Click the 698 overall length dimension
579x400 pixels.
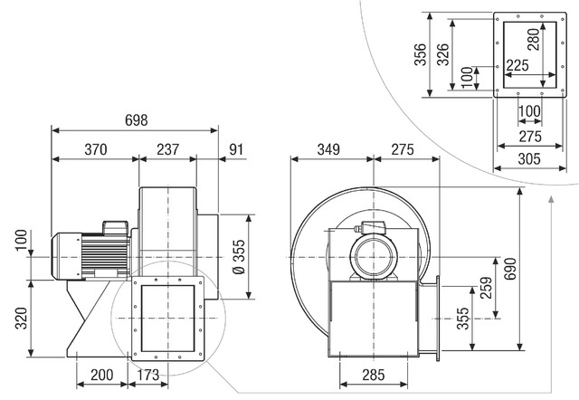click(137, 120)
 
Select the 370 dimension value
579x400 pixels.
click(96, 149)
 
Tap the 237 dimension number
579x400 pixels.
click(168, 149)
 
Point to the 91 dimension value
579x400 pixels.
click(236, 149)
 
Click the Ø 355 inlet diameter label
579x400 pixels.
click(239, 257)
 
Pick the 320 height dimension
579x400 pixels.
click(21, 318)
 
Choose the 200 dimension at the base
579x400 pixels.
click(102, 375)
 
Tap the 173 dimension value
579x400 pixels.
click(148, 375)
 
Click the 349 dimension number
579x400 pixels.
click(328, 149)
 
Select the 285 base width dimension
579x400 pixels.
click(374, 375)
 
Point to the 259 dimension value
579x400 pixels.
click(487, 288)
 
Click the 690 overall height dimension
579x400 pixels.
click(510, 269)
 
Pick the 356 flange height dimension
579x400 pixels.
click(420, 54)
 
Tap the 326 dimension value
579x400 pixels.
click(442, 54)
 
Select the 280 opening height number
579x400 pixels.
click(534, 40)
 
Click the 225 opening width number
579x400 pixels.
click(517, 65)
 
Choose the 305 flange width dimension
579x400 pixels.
click(529, 159)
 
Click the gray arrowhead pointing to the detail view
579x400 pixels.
click(551, 200)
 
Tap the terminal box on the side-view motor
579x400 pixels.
click(116, 227)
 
